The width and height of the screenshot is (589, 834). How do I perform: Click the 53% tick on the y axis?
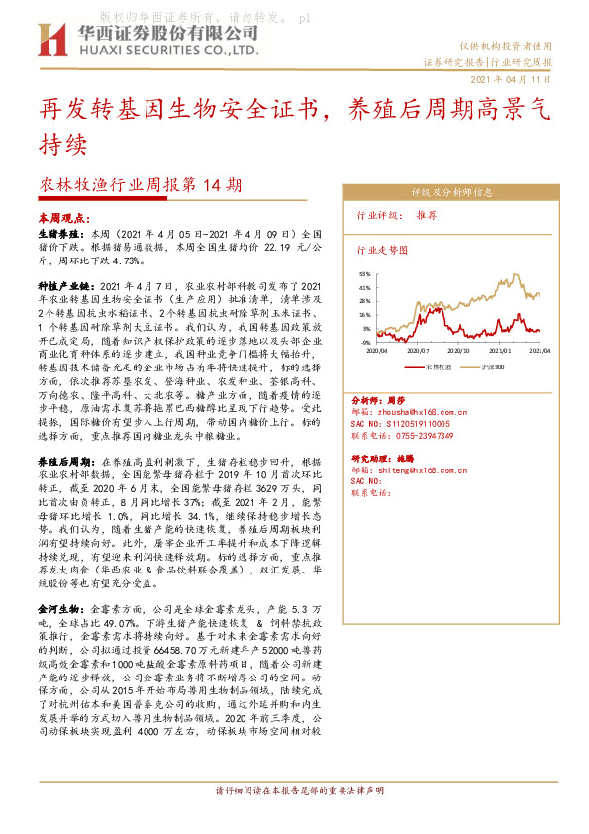[364, 273]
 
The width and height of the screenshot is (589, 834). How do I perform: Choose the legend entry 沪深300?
[493, 365]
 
